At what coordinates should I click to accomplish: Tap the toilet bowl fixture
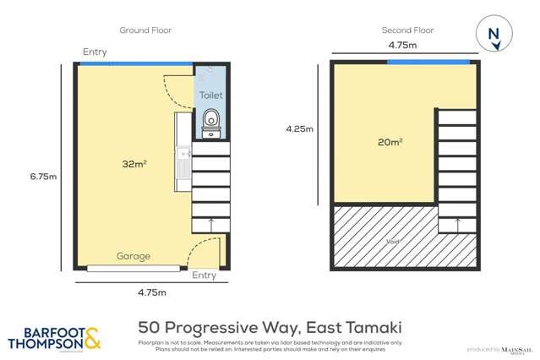tap(210, 121)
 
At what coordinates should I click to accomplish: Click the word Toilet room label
tap(210, 96)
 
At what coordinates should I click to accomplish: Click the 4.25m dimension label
tap(299, 129)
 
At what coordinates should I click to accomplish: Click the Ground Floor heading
tap(145, 30)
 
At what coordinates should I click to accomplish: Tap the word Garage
tap(134, 256)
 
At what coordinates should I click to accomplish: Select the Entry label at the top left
tap(95, 52)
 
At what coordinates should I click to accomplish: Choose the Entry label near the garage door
tap(204, 275)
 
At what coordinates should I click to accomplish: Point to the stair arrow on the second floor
tap(457, 223)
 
